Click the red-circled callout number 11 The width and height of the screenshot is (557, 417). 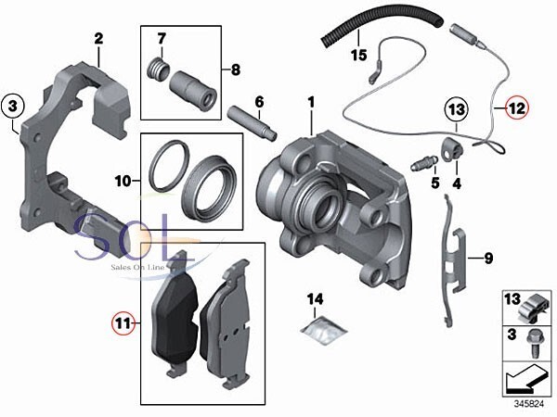[x=123, y=322]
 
